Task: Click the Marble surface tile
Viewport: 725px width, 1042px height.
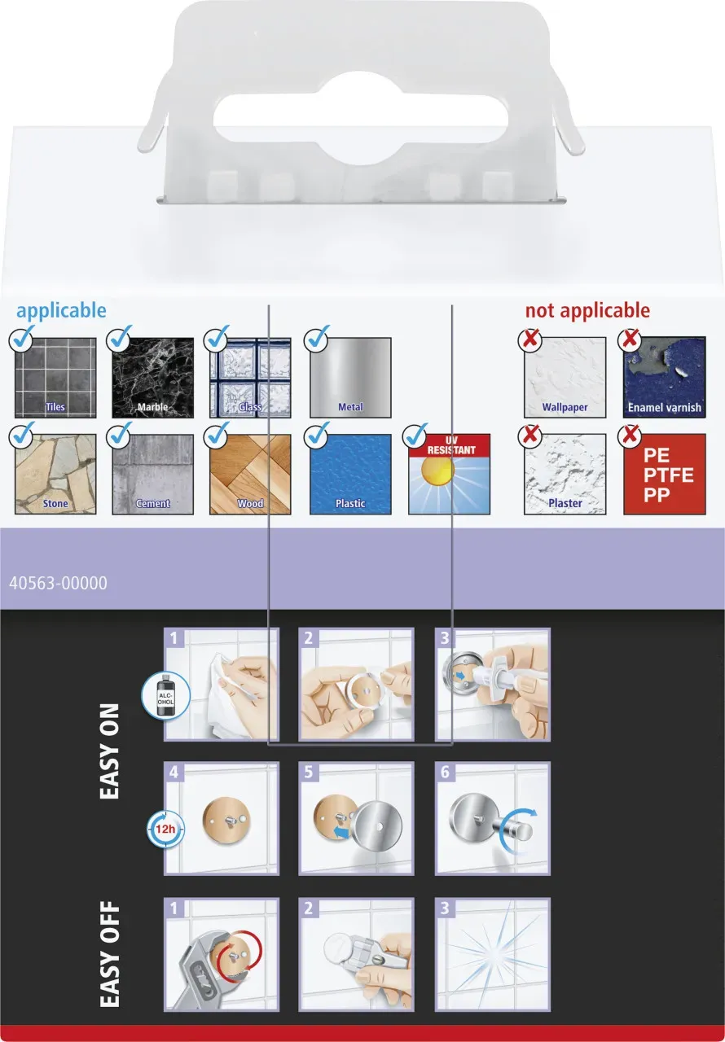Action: coord(152,378)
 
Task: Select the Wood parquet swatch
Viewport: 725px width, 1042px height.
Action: coord(250,474)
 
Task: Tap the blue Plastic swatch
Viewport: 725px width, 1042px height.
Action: coord(350,474)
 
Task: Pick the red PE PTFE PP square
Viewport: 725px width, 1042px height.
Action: coord(665,474)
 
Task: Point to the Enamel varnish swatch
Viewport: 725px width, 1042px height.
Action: coord(665,377)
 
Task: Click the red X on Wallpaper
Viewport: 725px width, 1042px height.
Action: coord(530,339)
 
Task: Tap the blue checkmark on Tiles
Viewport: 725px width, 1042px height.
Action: coord(22,339)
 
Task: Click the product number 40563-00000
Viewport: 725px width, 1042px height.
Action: coord(58,583)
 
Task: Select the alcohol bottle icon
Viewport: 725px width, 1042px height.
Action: coord(165,695)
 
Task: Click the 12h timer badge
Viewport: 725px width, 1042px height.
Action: coord(165,829)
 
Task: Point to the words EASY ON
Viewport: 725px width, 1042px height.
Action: coord(110,751)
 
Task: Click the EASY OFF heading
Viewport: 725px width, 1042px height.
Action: coord(110,954)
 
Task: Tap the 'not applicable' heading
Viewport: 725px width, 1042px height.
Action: coord(587,311)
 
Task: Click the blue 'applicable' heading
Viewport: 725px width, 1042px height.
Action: coord(61,311)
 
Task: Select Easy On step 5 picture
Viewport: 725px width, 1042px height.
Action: coord(357,819)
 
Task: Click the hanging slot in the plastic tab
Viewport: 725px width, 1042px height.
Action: coord(361,119)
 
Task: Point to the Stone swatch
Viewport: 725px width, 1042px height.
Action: coord(55,474)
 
